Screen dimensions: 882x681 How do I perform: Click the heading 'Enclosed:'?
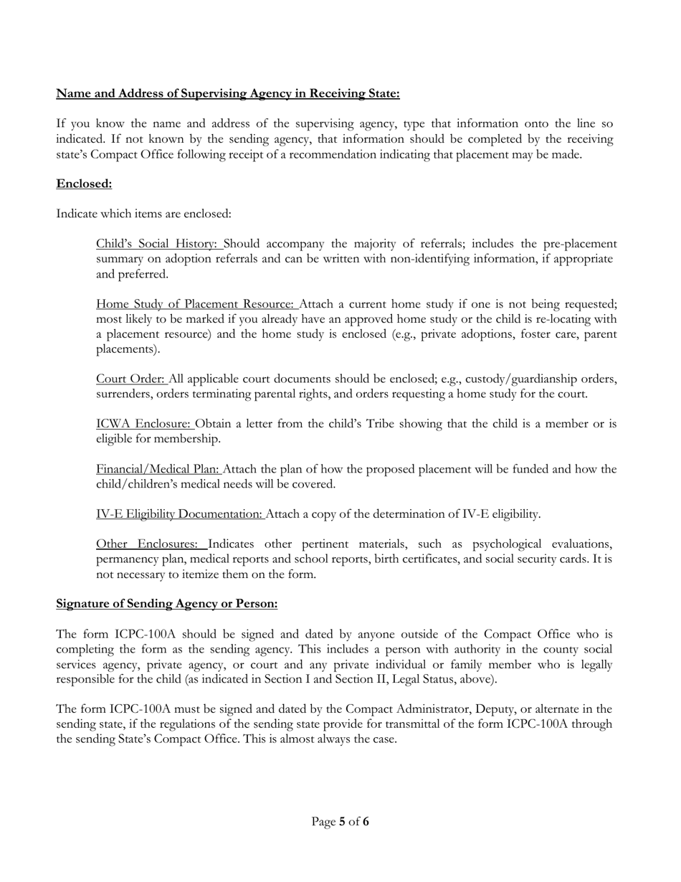[x=84, y=184]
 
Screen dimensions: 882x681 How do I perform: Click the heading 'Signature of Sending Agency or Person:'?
[x=166, y=604]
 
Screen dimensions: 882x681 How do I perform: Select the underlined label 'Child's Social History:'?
[x=156, y=244]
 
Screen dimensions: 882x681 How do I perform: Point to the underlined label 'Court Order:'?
[x=130, y=379]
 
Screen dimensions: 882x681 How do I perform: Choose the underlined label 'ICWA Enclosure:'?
[x=143, y=424]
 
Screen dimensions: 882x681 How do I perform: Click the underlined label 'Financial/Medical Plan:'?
[x=158, y=469]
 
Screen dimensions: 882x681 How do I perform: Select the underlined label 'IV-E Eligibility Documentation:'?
[x=179, y=514]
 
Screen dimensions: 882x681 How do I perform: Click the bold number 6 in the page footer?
[x=366, y=822]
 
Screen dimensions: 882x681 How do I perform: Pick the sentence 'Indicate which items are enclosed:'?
[x=144, y=214]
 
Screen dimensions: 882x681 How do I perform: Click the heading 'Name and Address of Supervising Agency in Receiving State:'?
[x=228, y=94]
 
